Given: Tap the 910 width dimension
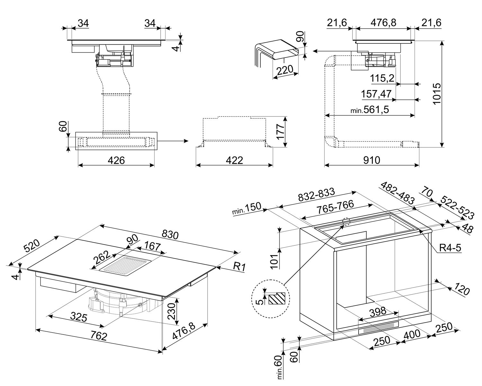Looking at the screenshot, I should pos(372,160).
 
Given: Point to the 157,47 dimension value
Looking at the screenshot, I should pos(376,94).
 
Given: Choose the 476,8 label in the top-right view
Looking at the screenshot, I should pos(384,23).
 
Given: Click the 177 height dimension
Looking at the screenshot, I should pos(281,132).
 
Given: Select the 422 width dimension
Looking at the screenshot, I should pos(235,160).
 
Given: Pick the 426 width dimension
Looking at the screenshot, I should pos(116,160).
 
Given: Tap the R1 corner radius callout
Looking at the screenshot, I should pos(239,266).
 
